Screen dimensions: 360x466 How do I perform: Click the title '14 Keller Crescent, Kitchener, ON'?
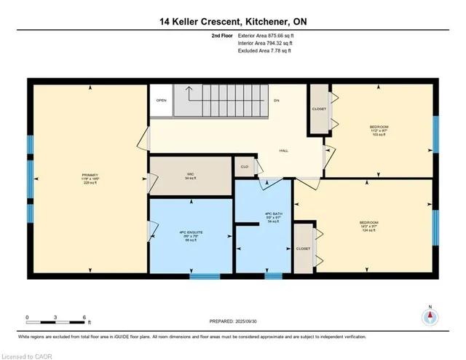[x=233, y=21]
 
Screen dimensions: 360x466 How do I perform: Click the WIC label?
[x=190, y=175]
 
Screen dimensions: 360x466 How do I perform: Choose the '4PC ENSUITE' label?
[x=190, y=235]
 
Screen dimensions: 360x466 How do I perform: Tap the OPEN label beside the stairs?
[x=161, y=101]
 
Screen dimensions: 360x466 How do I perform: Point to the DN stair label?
[x=277, y=100]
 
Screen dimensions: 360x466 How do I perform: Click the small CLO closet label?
[x=245, y=166]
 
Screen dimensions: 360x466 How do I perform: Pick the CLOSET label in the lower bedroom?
[x=303, y=249]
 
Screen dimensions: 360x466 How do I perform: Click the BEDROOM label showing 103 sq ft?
[x=379, y=130]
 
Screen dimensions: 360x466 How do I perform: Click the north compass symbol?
[x=431, y=316]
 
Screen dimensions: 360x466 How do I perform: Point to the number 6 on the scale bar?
[x=85, y=318]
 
